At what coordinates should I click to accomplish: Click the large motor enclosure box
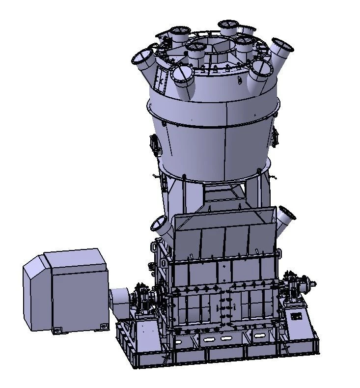[x=66, y=290]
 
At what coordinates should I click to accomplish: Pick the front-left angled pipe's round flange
[x=181, y=75]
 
